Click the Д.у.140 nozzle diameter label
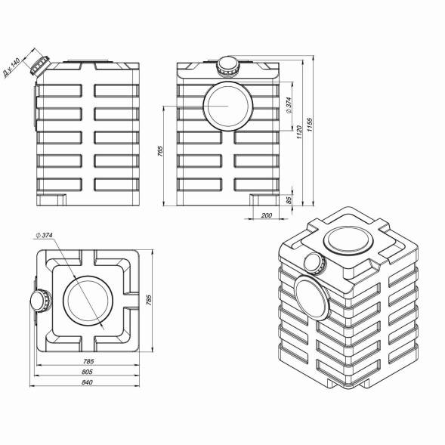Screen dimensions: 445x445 coord(11,67)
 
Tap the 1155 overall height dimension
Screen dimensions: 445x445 coord(310,125)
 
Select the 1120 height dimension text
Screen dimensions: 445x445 coord(299,132)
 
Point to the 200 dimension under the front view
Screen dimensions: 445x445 coord(267,215)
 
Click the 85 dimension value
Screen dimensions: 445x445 coord(289,200)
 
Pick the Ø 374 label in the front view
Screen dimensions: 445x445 coord(289,105)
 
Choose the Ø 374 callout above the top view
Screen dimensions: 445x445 coord(45,235)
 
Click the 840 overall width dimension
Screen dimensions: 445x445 coord(87,382)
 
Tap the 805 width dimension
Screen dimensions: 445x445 coord(87,372)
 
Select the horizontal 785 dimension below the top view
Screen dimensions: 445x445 coord(88,361)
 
